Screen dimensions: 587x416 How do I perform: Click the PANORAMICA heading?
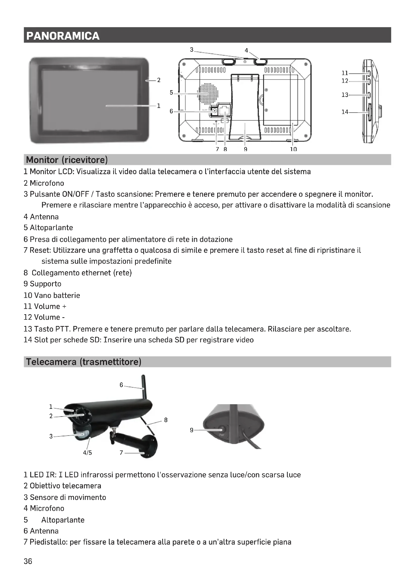coord(63,36)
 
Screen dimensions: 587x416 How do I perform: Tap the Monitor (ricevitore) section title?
coord(67,160)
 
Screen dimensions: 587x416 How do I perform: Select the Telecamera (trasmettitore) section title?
coord(84,362)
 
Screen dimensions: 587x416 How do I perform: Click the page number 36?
coord(28,561)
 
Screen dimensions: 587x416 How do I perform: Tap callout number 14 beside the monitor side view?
coord(345,112)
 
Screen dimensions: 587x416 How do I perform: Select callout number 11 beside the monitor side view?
coord(345,73)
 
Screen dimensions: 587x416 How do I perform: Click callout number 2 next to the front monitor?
coord(159,80)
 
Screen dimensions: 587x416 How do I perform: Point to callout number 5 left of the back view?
coord(171,92)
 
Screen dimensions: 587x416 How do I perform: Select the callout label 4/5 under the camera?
coord(87,453)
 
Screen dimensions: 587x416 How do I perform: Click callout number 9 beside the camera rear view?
coord(192,430)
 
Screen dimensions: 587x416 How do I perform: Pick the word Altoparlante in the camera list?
coord(63,520)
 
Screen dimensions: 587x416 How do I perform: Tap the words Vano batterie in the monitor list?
coord(57,296)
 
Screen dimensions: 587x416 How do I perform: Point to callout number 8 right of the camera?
coord(166,420)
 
